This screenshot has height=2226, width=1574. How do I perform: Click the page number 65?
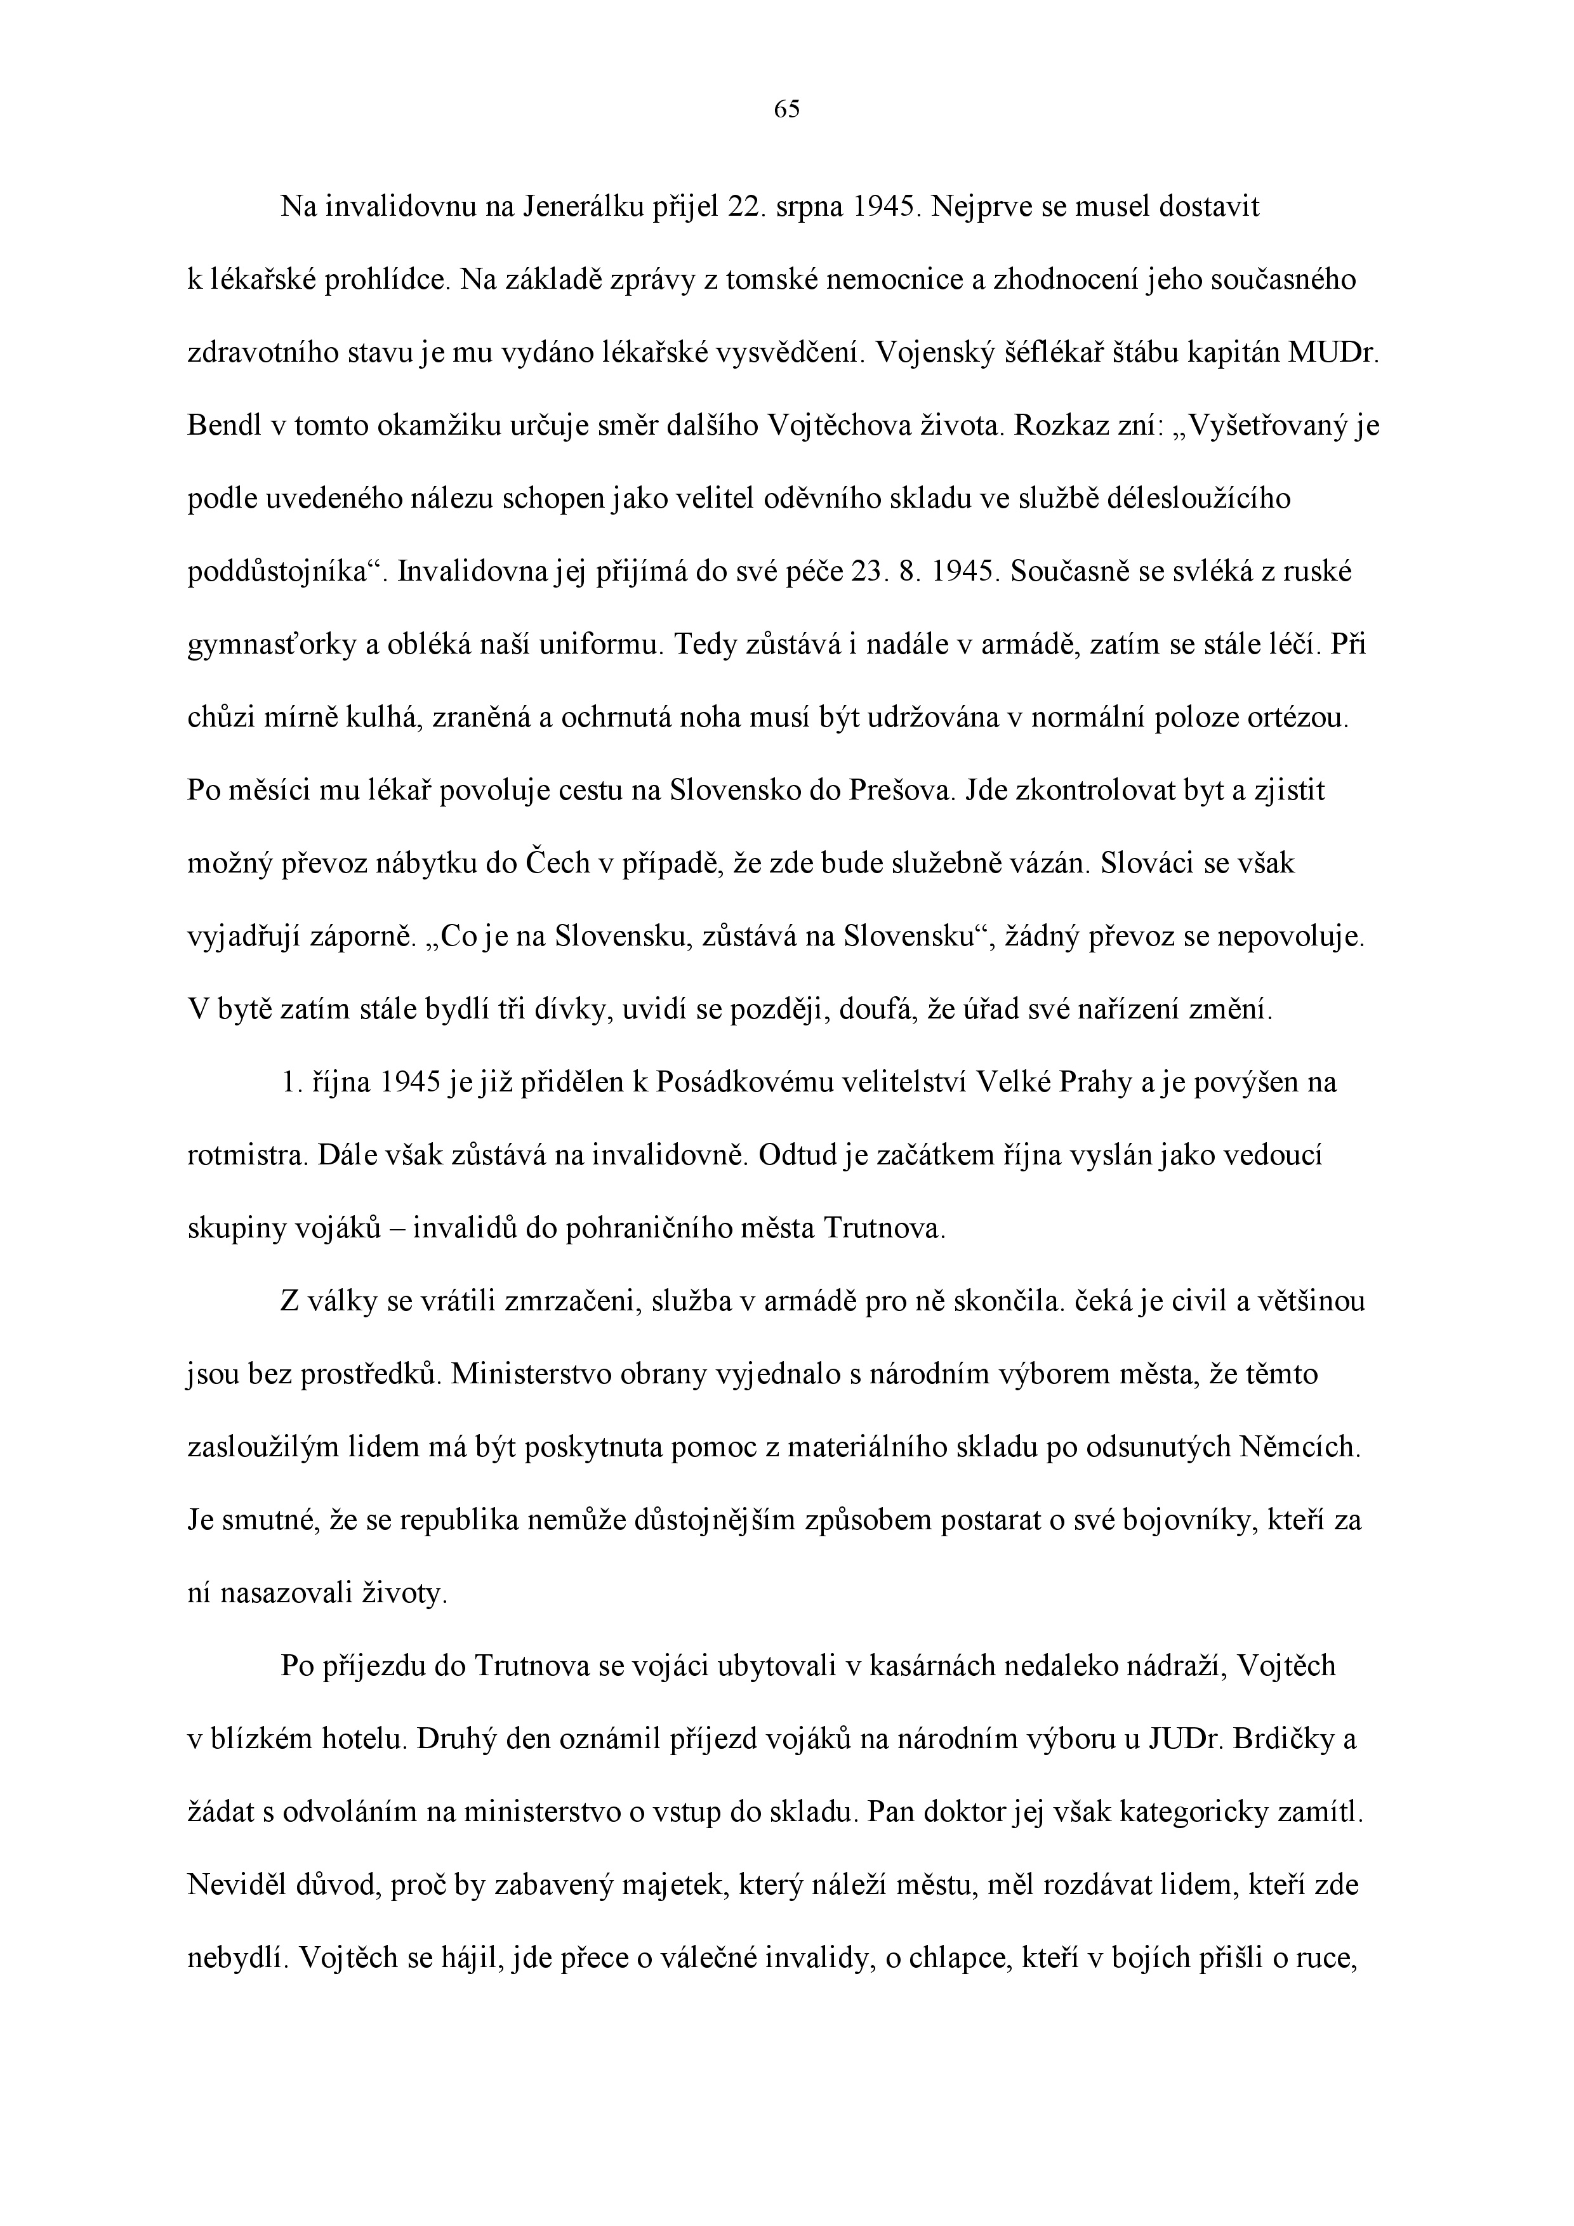coord(786,110)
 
